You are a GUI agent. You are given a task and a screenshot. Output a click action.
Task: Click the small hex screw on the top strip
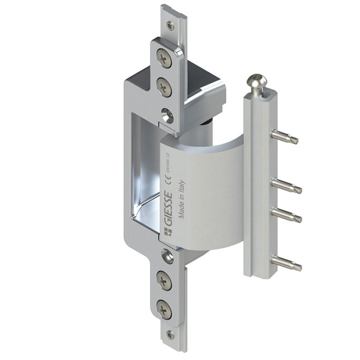(x=170, y=25)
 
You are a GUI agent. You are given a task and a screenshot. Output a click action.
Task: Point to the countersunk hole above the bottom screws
(x=166, y=255)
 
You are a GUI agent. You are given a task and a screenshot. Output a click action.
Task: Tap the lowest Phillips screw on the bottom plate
(x=164, y=309)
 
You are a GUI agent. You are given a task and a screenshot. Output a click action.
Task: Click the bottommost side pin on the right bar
(x=286, y=263)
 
